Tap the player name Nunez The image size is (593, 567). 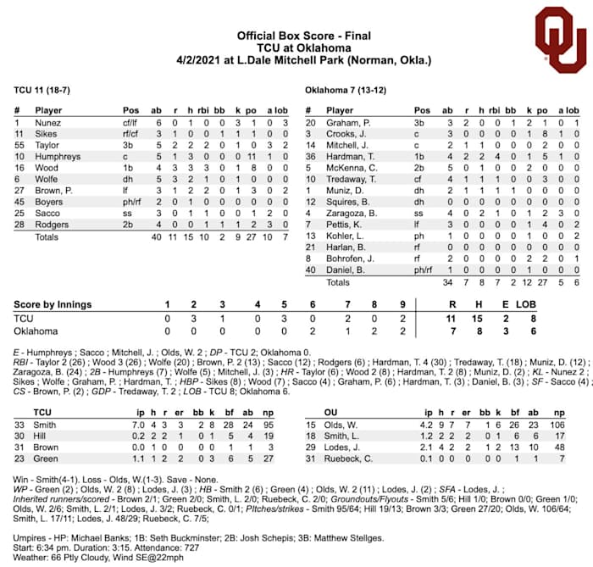point(47,123)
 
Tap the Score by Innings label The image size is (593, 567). point(53,303)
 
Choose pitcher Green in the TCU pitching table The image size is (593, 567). point(46,459)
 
